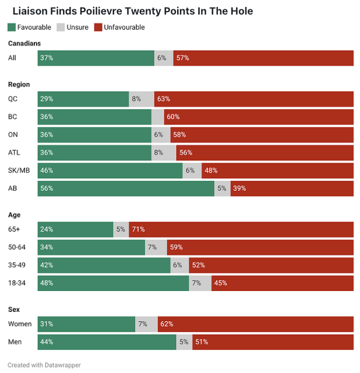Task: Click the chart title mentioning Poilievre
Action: pos(133,11)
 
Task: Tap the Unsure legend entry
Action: pos(73,27)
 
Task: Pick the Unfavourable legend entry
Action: pos(119,27)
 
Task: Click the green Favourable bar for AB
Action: pos(126,189)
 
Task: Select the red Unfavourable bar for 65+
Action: pos(241,229)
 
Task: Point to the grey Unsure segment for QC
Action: pos(142,99)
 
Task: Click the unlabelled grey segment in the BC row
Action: pos(158,117)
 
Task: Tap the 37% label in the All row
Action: pos(46,58)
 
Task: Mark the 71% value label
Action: pos(138,229)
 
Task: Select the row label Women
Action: pos(20,324)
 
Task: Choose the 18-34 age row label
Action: pos(18,283)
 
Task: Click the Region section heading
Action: pos(19,84)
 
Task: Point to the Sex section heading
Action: pos(14,309)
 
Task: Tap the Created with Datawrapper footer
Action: pos(44,365)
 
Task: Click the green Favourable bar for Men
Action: pos(107,342)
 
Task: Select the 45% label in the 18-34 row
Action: pos(220,283)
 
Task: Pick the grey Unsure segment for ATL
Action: pos(164,152)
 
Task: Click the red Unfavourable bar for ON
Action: pos(262,134)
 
